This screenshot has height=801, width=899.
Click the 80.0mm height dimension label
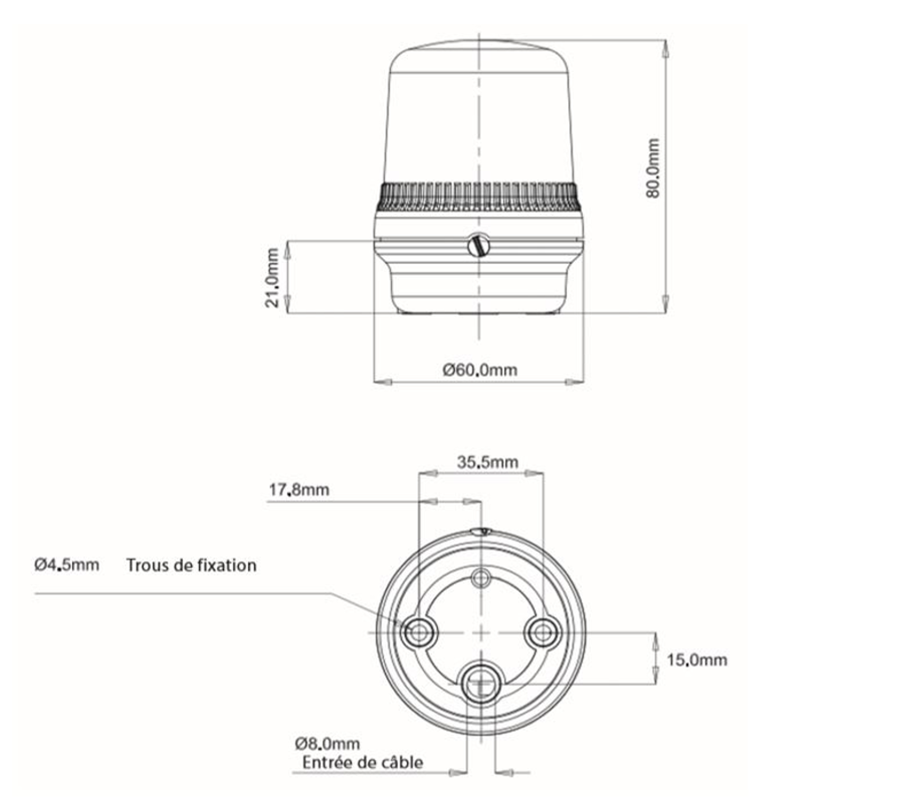click(653, 168)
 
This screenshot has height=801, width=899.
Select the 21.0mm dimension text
click(272, 277)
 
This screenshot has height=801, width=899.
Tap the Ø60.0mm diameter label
click(480, 369)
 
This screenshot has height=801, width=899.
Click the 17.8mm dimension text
click(299, 490)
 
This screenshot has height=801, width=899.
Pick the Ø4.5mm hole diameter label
click(67, 565)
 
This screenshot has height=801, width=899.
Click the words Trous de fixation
click(192, 566)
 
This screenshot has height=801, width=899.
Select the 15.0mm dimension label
click(696, 660)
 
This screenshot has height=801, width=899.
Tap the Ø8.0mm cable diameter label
click(328, 743)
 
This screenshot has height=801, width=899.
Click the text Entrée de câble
click(363, 763)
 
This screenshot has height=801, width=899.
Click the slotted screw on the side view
click(479, 246)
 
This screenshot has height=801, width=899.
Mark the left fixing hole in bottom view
click(419, 632)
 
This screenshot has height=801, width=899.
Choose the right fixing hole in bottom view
click(543, 632)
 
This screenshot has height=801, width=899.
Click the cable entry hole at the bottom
click(481, 682)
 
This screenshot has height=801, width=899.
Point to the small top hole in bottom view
click(481, 577)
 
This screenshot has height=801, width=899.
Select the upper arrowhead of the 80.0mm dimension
click(665, 48)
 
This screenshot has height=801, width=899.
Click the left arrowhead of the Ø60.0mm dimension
click(383, 382)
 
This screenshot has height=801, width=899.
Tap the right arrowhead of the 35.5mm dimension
click(534, 473)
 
